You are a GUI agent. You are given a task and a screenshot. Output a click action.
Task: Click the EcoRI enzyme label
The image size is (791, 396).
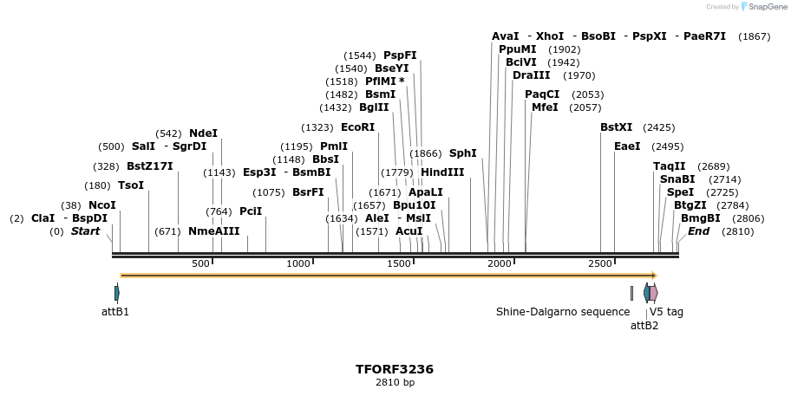[358, 127]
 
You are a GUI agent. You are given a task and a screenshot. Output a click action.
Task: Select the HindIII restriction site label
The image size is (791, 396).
[442, 172]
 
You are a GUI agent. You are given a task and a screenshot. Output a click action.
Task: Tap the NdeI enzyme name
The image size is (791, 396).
[203, 133]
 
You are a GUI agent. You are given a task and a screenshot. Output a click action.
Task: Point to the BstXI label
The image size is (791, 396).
[617, 127]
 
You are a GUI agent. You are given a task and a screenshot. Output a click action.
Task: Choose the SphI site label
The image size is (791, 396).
[462, 153]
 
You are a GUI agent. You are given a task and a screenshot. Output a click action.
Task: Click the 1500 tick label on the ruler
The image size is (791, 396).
[400, 263]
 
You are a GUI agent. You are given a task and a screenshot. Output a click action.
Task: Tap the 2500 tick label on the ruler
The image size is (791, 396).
[600, 263]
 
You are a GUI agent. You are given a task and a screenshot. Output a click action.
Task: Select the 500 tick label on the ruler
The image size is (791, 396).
[200, 263]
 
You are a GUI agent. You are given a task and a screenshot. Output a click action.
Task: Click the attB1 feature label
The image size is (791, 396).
[115, 312]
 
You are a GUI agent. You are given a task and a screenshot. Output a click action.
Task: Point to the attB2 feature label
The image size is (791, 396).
[644, 326]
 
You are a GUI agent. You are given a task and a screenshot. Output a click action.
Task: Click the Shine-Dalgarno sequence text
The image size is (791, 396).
[563, 312]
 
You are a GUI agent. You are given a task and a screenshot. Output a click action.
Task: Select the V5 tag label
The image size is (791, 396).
[666, 312]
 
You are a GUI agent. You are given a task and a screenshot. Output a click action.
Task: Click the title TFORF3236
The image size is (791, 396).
[395, 369]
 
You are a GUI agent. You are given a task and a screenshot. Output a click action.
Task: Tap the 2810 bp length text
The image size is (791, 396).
[395, 382]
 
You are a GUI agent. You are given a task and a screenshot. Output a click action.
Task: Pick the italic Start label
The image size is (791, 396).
[85, 231]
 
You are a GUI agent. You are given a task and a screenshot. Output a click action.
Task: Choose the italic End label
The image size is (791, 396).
[698, 231]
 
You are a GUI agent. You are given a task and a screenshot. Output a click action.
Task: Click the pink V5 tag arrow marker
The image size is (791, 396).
[653, 293]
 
